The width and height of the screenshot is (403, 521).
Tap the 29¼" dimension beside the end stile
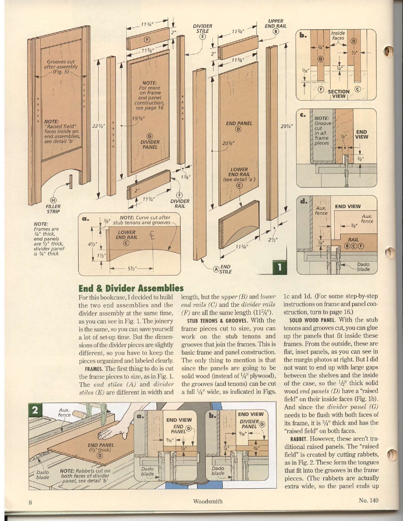(287, 126)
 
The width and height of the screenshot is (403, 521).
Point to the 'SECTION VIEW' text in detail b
(339, 93)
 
